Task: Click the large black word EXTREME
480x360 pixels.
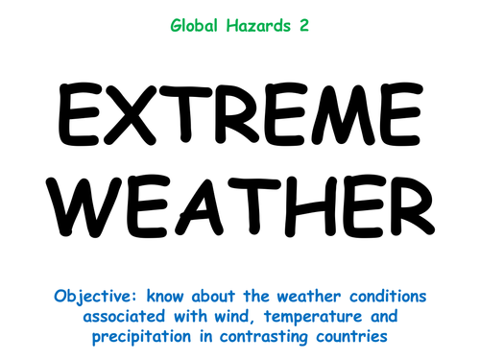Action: pyautogui.click(x=239, y=113)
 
